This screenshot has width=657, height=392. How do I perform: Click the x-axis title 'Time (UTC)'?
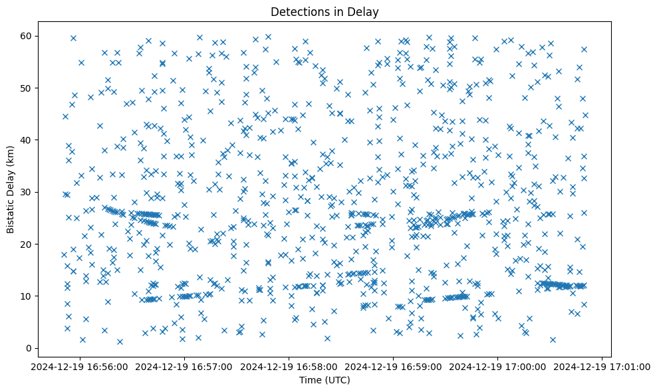point(325,381)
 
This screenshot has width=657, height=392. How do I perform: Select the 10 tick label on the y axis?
point(27,296)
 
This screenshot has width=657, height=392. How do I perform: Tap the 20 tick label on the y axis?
point(27,244)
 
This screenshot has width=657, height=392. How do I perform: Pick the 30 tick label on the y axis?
point(27,192)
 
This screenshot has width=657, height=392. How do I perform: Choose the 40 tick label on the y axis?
point(27,140)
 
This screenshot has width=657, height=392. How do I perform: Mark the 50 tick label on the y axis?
point(27,88)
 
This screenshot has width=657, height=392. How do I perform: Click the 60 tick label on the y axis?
point(27,36)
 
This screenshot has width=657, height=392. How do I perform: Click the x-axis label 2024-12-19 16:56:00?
point(80,366)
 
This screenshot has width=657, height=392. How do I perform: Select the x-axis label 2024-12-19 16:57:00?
point(185,366)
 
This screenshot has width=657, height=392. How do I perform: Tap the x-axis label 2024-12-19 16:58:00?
point(289,366)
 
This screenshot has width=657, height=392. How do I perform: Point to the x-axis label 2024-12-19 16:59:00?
point(394,366)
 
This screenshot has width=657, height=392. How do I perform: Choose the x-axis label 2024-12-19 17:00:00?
point(498,366)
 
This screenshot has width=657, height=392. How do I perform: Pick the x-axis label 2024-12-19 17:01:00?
point(602,366)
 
